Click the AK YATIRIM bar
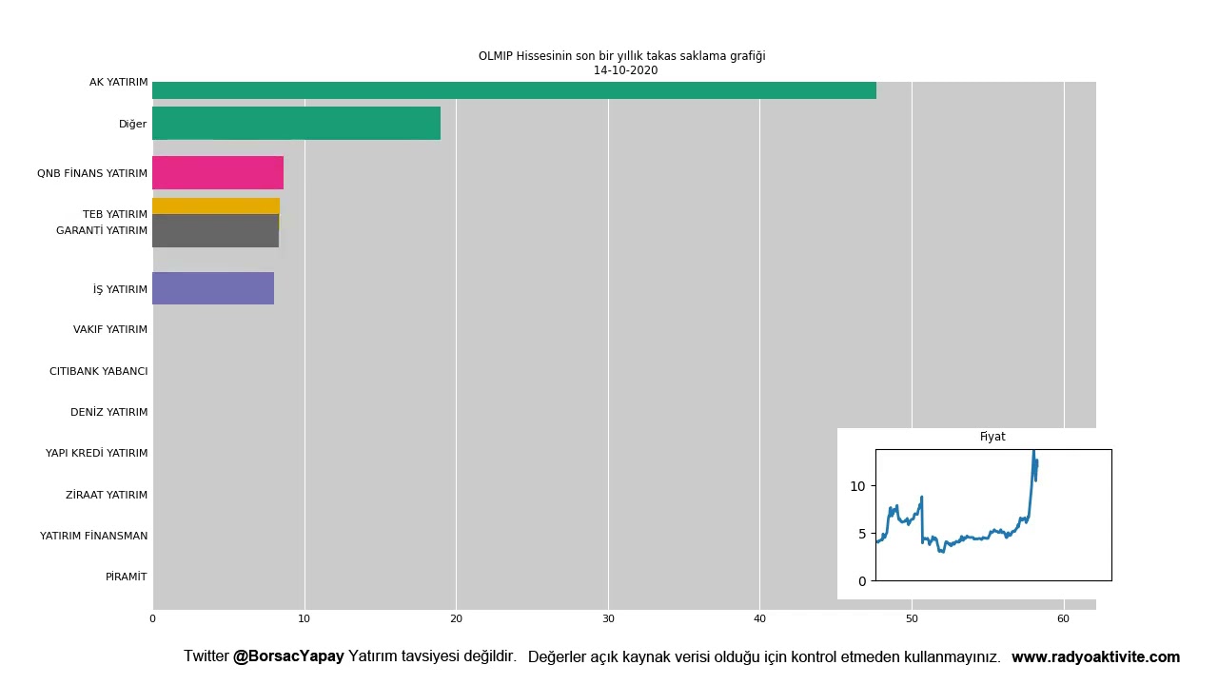514,90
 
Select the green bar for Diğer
296,124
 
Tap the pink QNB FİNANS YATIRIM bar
218,173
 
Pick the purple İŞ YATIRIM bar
213,288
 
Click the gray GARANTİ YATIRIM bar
215,232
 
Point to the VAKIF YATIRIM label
110,330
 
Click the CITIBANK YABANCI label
99,371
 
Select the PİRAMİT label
127,577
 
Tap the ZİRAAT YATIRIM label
107,495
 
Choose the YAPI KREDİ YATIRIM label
97,454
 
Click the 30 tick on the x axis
608,619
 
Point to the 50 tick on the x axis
912,619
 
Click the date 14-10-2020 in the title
625,70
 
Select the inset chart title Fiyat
992,437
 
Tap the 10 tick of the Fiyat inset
857,486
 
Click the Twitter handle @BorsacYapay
288,656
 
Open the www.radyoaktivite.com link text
1095,657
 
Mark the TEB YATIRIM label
115,215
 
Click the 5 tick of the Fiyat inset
861,534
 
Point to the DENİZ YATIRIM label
109,413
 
